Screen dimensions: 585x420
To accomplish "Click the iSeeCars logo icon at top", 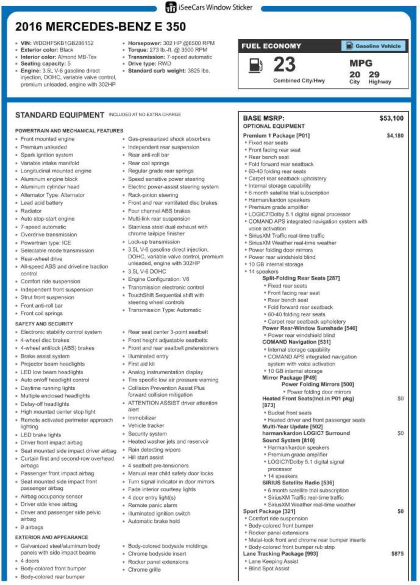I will (x=171, y=7).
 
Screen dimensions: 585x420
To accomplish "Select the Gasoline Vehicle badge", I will (x=372, y=46).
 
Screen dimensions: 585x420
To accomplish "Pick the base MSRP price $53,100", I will (x=391, y=118).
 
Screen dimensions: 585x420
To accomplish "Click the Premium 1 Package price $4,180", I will (x=394, y=135).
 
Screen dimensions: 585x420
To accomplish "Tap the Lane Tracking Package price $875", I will (x=397, y=553).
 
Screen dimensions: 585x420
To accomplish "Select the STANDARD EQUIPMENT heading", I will (x=59, y=115).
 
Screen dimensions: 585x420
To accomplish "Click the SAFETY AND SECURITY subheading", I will (x=44, y=324).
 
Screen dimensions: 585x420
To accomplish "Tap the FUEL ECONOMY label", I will (x=271, y=46).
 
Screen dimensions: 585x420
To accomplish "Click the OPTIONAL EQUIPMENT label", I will (x=269, y=126).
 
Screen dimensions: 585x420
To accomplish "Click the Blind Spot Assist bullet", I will (x=269, y=569).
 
